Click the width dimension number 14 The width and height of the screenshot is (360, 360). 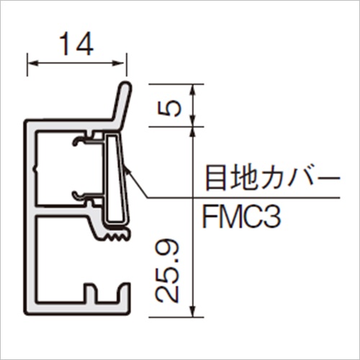76,44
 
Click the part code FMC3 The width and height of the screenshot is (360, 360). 241,217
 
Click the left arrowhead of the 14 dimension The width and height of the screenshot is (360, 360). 32,63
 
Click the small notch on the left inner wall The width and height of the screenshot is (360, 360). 35,169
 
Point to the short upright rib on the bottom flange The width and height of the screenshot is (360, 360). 91,292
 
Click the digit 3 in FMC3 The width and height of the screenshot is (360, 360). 273,217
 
